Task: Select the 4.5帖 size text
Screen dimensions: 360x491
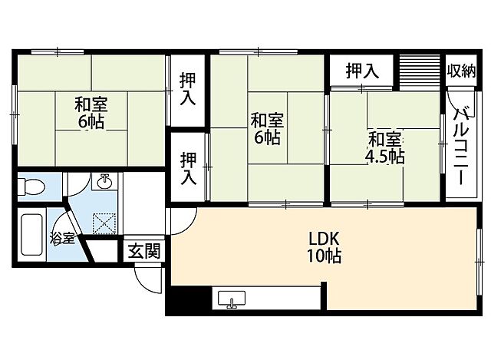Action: tap(384, 157)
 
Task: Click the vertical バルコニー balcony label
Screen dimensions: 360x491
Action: tap(462, 146)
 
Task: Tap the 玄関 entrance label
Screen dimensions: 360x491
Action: tap(144, 250)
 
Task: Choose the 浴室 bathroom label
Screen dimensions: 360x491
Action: tap(62, 237)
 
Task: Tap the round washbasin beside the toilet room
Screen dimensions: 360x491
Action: tap(104, 183)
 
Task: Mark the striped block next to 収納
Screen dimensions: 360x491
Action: tap(420, 70)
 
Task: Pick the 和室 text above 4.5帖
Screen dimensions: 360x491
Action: tap(384, 140)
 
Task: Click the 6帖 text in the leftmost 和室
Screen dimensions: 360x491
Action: tap(90, 121)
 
